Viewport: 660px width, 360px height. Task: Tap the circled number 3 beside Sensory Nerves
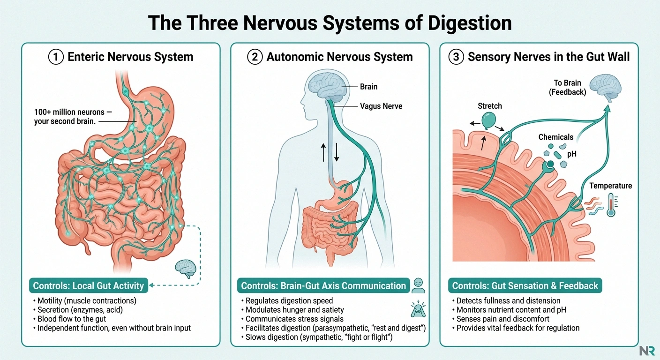[457, 57]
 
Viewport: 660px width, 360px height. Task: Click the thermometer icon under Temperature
[610, 205]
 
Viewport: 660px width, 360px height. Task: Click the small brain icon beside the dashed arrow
[183, 268]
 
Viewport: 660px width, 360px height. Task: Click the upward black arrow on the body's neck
[323, 152]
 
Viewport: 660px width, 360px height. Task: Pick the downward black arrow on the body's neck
[337, 152]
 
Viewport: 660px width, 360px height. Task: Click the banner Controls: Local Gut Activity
[88, 285]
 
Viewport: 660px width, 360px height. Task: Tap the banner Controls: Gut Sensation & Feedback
[525, 285]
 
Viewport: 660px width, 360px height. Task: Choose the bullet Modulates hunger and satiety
[294, 310]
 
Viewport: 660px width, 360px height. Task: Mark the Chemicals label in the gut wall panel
[555, 137]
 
